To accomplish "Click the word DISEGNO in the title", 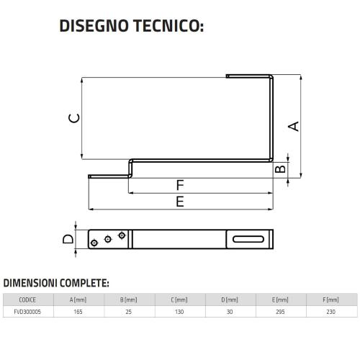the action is pos(94,26).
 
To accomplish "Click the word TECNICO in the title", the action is pos(166,26).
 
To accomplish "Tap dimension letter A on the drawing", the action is pos(294,127).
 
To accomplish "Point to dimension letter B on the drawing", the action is pos(280,168).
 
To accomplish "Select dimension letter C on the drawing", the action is pos(74,118).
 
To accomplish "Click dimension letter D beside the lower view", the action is pos(68,239).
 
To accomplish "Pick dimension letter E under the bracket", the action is pos(180,202).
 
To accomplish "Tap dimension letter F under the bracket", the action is pos(180,185).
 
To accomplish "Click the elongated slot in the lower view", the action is pos(248,239).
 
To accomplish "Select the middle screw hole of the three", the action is pos(108,239).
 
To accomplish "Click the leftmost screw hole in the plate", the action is pos(94,243).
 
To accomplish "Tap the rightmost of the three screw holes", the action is pos(122,235).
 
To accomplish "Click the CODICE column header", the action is pos(27,300).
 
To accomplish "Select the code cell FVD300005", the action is pos(27,312).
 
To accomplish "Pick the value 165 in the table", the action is pos(78,312).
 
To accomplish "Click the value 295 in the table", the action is pos(280,312).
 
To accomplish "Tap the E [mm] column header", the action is pos(280,300).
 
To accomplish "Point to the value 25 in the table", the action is pos(129,312).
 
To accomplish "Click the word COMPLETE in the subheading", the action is pos(84,283).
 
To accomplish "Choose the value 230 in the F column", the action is pos(330,312).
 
